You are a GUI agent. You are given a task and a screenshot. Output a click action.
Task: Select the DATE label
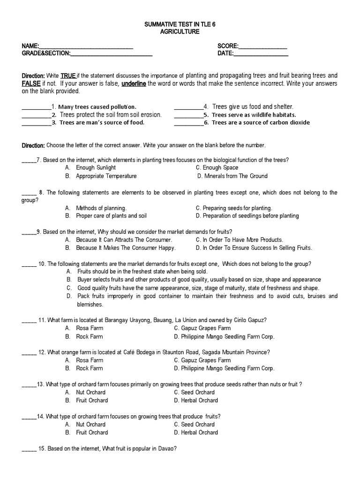pos(225,54)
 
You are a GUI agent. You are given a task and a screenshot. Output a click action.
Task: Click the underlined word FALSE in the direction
pos(31,83)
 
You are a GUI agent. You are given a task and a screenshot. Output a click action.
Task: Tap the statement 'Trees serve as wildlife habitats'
pos(254,115)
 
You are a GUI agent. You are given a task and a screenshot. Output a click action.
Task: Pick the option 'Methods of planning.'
pos(101,208)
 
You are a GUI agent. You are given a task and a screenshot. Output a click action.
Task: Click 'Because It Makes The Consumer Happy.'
pos(126,248)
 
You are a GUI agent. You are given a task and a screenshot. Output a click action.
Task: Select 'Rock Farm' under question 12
pos(89,368)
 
